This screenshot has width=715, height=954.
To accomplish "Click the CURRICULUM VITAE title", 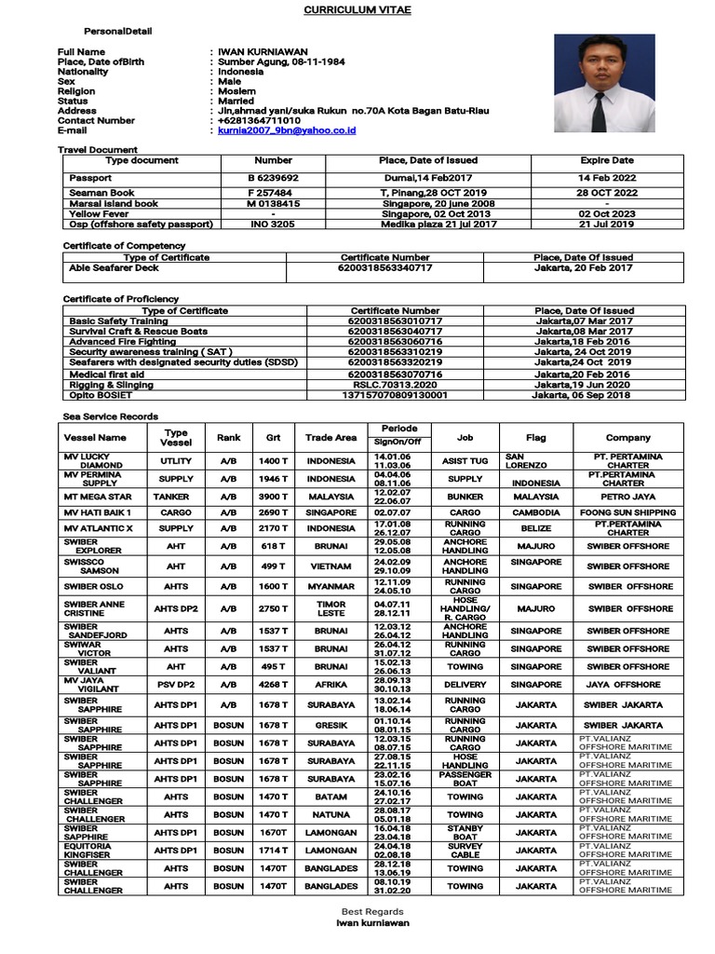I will click(x=357, y=9).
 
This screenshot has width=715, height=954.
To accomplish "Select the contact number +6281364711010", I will click(x=259, y=120).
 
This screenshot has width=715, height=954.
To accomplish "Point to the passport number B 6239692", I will click(x=273, y=177).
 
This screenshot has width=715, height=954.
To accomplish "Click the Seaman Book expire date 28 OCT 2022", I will click(x=606, y=193).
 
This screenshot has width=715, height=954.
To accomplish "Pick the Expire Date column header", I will click(x=606, y=160).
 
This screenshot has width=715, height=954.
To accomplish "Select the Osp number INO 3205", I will click(x=273, y=224).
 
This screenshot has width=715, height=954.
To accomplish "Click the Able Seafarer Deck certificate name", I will click(x=114, y=267).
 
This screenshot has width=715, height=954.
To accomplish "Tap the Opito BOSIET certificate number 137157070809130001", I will click(x=398, y=394).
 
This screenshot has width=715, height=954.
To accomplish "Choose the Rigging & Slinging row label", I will click(x=112, y=384).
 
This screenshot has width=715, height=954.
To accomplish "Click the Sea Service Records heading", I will click(x=110, y=416).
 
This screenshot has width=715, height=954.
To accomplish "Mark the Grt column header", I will click(x=273, y=437).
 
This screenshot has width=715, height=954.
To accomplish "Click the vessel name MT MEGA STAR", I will click(x=97, y=497).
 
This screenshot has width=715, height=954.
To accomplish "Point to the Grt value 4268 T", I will click(x=273, y=684).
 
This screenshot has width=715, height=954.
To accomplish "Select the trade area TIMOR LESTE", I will click(x=331, y=608).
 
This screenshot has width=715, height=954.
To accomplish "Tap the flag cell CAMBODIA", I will click(x=536, y=512).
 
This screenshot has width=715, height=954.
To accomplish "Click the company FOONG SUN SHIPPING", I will click(x=627, y=512).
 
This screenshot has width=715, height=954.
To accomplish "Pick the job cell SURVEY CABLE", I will click(x=465, y=851).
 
